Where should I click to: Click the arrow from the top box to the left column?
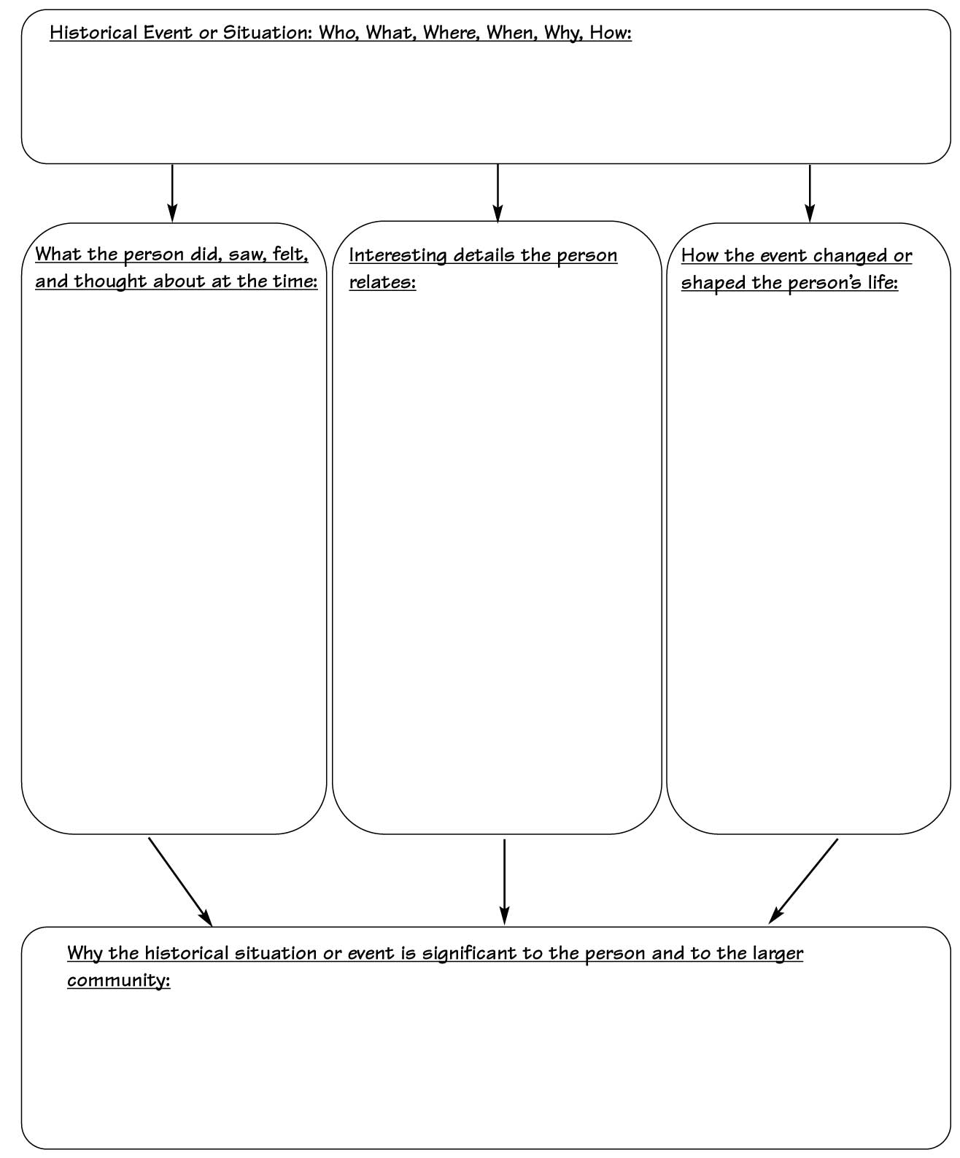172,193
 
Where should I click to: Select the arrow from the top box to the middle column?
498,193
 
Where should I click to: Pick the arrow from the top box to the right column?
810,193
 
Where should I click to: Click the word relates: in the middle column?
382,282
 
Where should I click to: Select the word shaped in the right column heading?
713,282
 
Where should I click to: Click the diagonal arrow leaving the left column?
180,882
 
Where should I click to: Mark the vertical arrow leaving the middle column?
504,882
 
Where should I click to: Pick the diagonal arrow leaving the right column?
803,881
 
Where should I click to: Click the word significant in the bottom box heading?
470,954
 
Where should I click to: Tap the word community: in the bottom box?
119,981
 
